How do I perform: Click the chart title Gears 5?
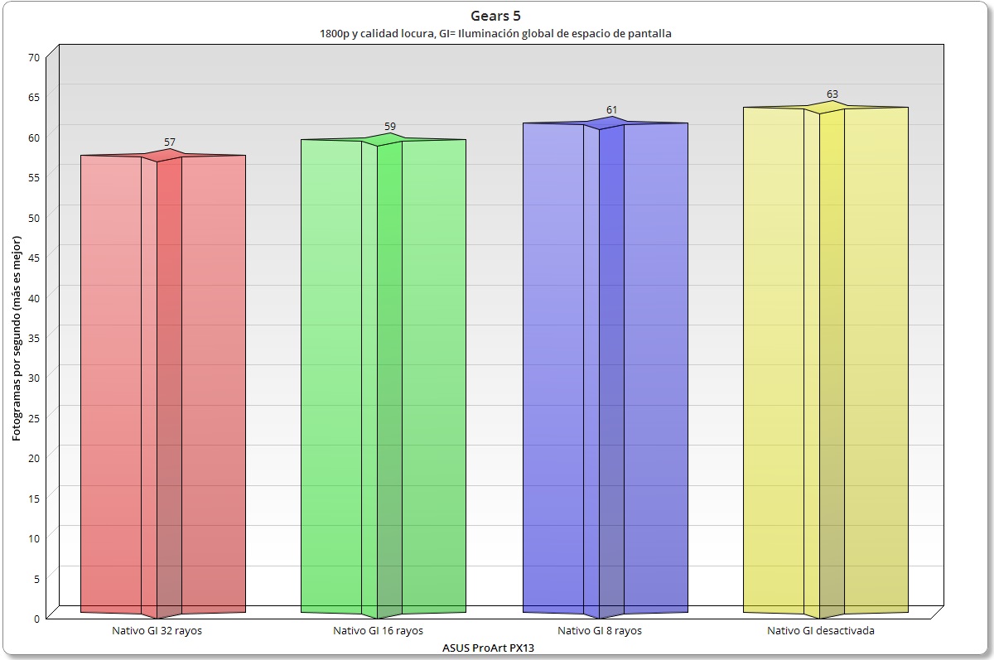coord(496,16)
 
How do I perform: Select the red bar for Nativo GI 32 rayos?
coord(163,381)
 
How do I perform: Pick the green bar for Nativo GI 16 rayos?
coord(383,373)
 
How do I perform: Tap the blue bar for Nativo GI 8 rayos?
coord(605,364)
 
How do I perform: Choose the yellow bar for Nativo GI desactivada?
coord(825,356)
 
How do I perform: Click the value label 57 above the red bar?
coord(170,142)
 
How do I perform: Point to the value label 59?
coord(390,127)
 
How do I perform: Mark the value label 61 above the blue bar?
coord(611,110)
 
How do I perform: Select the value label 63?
coord(832,94)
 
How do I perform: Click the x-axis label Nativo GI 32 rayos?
coord(157,631)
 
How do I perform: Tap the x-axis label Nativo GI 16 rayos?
coord(378,631)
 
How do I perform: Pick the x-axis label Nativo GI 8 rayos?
coord(600,631)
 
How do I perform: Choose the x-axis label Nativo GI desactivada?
coord(821,631)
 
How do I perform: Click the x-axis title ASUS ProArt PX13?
coord(489,648)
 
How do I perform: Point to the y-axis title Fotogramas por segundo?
coord(17,336)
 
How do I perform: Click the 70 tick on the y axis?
coord(34,58)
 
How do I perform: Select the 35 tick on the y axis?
coord(34,336)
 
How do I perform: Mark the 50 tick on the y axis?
coord(34,216)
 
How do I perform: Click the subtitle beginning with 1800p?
coord(496,34)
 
